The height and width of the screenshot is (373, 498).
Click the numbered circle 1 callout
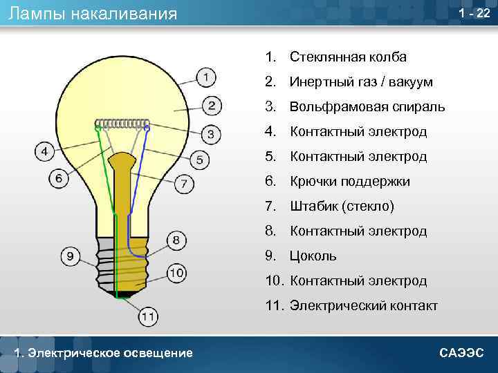point(205,77)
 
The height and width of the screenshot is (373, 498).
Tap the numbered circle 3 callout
point(212,133)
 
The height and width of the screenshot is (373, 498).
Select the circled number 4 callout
point(44,151)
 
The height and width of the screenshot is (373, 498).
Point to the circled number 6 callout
point(59,178)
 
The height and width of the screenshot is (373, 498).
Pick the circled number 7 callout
point(183,184)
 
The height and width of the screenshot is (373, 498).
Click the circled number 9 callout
point(70,256)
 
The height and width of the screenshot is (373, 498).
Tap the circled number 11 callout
point(147,316)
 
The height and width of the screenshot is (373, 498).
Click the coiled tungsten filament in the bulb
point(123,125)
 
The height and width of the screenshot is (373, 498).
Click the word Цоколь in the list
point(313,256)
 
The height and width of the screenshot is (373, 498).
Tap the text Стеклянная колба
point(348,57)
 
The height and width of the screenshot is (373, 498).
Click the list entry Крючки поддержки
point(350,182)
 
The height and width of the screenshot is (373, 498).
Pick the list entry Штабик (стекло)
point(342,207)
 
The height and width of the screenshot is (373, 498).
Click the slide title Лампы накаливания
point(93,13)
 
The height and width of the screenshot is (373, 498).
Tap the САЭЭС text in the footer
point(462,353)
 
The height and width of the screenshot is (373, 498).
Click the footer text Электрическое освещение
point(104,353)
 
